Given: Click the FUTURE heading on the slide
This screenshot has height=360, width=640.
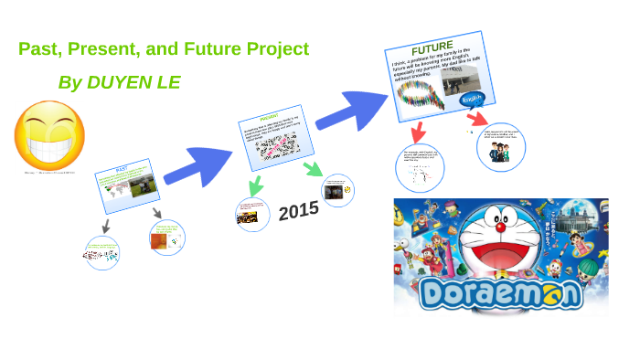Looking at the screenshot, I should click(432, 48).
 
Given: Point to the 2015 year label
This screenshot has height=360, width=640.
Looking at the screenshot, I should click(298, 211).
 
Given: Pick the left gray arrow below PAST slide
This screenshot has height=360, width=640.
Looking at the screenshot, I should click(106, 225).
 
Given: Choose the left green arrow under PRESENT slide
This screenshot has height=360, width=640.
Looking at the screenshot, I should click(255, 185).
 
